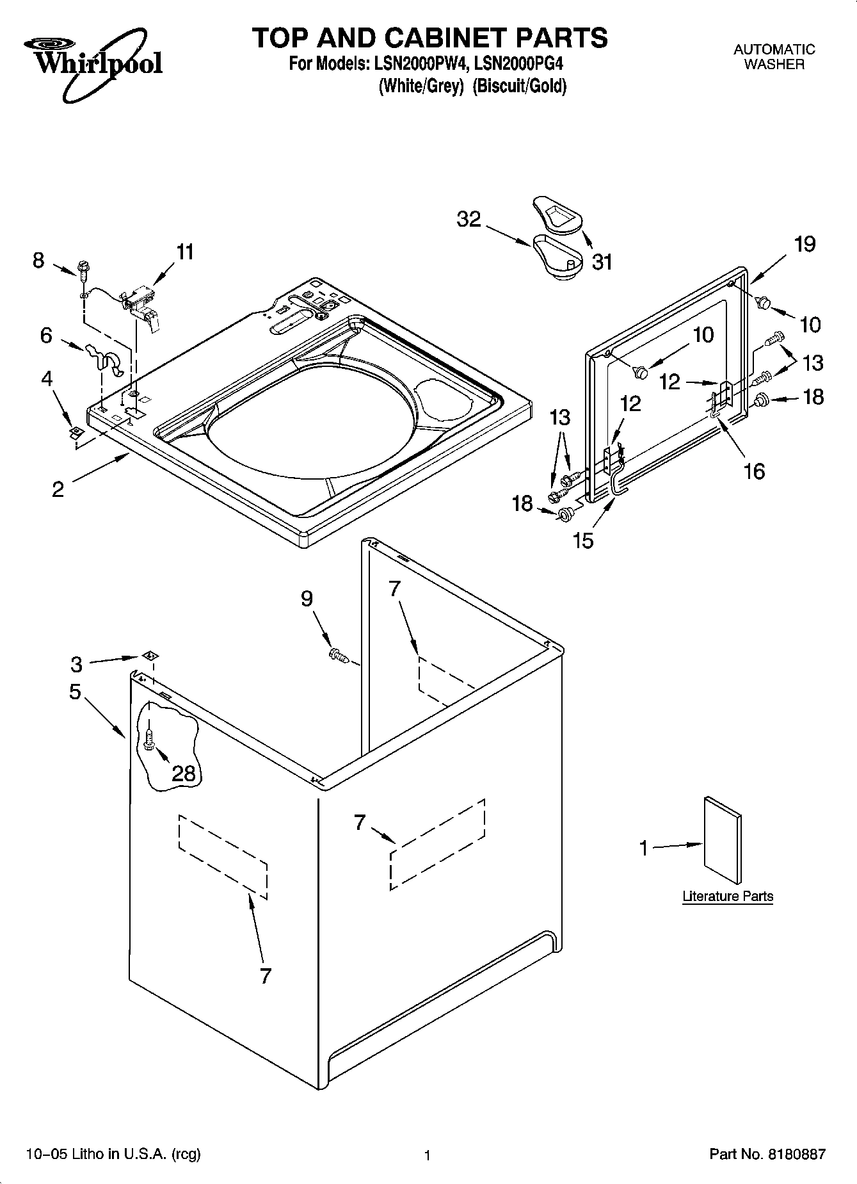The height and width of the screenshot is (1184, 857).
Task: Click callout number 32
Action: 469,220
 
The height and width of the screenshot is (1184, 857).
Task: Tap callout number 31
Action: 602,262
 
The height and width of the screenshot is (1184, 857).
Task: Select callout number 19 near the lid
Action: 805,244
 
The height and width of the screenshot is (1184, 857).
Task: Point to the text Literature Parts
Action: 728,896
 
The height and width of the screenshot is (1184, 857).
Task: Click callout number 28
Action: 184,773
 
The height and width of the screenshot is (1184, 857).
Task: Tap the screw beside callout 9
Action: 337,654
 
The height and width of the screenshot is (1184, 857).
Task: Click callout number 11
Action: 184,252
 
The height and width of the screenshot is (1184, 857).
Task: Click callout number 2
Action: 58,489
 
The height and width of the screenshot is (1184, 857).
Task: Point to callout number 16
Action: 755,471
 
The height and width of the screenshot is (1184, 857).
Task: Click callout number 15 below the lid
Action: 584,540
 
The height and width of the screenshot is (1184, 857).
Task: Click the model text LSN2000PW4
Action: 413,64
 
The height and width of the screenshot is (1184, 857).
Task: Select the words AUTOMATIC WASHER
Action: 774,56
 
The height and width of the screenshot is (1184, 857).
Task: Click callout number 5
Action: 76,692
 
